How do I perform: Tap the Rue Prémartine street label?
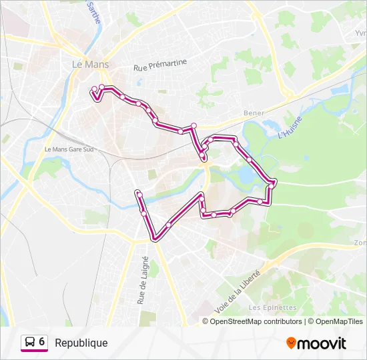point(160,65)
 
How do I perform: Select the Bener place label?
point(254,113)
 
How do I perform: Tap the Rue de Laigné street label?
point(141,280)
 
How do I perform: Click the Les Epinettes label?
point(272,307)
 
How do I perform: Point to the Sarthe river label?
point(93,12)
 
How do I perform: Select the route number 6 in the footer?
point(42,342)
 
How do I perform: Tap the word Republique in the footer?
point(81,343)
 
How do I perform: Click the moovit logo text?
point(322,343)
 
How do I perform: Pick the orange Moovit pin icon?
point(291,343)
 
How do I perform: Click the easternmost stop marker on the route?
point(274,182)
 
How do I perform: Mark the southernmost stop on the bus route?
point(156,236)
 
